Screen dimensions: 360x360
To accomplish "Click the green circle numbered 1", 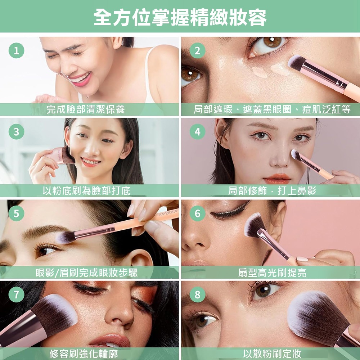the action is click(x=16, y=50).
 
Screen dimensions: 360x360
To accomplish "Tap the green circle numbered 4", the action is click(x=197, y=132).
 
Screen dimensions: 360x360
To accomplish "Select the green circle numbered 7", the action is click(x=16, y=294).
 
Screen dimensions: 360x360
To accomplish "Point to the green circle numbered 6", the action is click(x=197, y=213).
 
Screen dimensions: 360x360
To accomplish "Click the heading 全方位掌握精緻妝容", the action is click(x=180, y=17).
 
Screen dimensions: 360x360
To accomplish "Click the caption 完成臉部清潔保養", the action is click(x=86, y=109).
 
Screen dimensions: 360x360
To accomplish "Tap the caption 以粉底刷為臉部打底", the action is click(x=86, y=191).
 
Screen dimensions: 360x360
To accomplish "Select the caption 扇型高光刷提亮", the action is click(x=272, y=273).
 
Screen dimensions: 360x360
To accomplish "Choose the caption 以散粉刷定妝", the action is click(x=272, y=354).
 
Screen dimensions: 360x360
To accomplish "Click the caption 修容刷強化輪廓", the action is click(x=84, y=354).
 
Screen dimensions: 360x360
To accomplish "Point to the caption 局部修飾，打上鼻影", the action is click(x=272, y=191).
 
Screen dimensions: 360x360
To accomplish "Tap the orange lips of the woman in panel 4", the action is click(x=277, y=179).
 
